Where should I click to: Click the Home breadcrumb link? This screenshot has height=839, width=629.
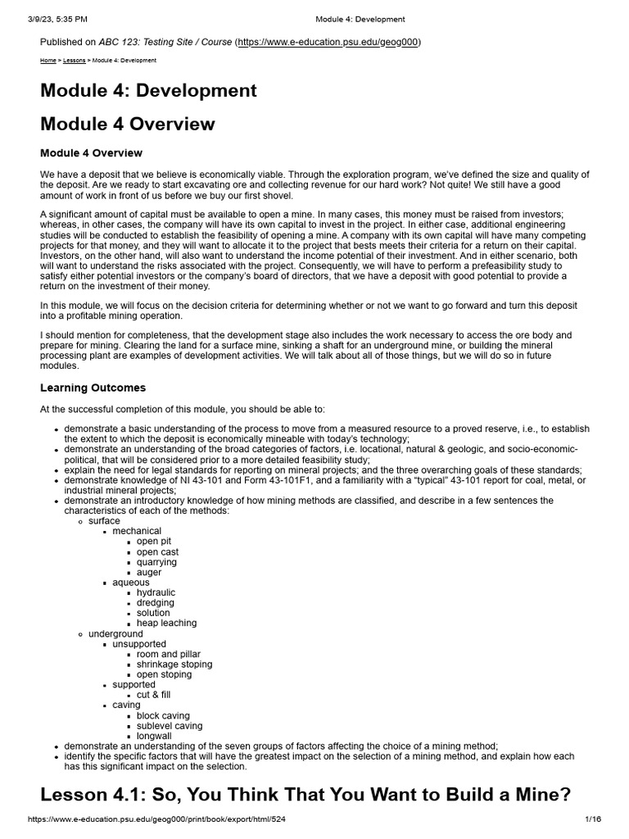click(48, 61)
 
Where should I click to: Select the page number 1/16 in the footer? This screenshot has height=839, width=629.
click(593, 819)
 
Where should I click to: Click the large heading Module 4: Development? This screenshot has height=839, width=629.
click(148, 90)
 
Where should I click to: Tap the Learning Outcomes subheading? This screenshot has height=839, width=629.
click(93, 388)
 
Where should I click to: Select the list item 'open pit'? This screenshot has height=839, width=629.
click(154, 542)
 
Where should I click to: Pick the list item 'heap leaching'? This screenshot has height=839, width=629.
click(166, 623)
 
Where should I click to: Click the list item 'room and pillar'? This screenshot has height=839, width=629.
click(168, 654)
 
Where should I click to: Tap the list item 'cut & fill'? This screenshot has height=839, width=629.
click(154, 695)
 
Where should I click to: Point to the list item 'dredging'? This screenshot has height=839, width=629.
click(155, 602)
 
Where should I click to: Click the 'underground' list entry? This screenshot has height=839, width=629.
click(115, 633)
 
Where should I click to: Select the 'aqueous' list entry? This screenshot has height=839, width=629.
click(131, 583)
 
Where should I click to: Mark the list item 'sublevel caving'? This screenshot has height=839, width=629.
click(170, 725)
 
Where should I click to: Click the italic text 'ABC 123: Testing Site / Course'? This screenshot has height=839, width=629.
click(165, 42)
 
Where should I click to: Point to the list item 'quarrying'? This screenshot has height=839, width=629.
click(156, 562)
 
